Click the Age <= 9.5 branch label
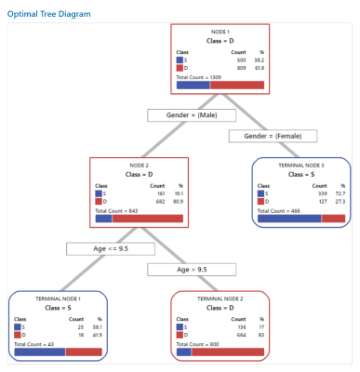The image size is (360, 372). (x=96, y=248)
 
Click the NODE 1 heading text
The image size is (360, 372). (x=220, y=33)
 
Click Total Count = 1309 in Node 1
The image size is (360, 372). (x=198, y=75)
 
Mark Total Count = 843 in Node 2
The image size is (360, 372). (x=115, y=209)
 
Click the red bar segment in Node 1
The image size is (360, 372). (x=238, y=85)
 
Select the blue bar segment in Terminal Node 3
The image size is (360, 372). (x=289, y=219)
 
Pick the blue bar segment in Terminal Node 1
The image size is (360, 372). (x=40, y=352)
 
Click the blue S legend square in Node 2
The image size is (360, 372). (x=99, y=193)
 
